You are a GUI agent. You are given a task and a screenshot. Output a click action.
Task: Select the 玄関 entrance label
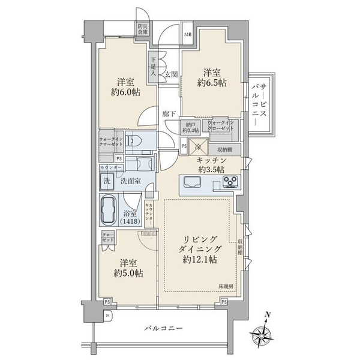pos(171,74)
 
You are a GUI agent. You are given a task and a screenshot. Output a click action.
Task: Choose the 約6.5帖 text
pos(212,82)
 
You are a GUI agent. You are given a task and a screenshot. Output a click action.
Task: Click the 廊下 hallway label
pos(169,113)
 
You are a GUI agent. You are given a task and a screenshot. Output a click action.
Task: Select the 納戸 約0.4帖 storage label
pos(191,127)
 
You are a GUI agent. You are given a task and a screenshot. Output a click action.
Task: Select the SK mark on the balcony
pos(108,315)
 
